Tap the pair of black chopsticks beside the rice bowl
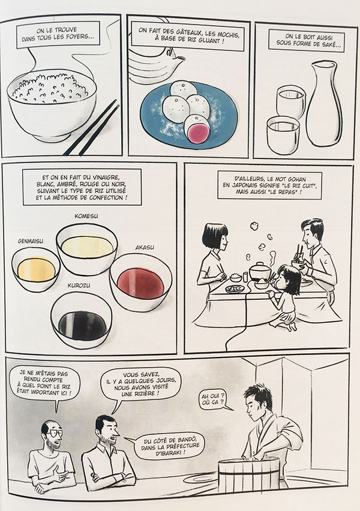click(x=92, y=128)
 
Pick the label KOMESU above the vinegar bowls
click(x=86, y=216)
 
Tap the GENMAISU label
click(x=31, y=241)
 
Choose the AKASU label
click(x=145, y=248)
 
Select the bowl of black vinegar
click(x=82, y=320)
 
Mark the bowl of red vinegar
click(x=141, y=282)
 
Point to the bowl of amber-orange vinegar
click(x=36, y=269)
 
